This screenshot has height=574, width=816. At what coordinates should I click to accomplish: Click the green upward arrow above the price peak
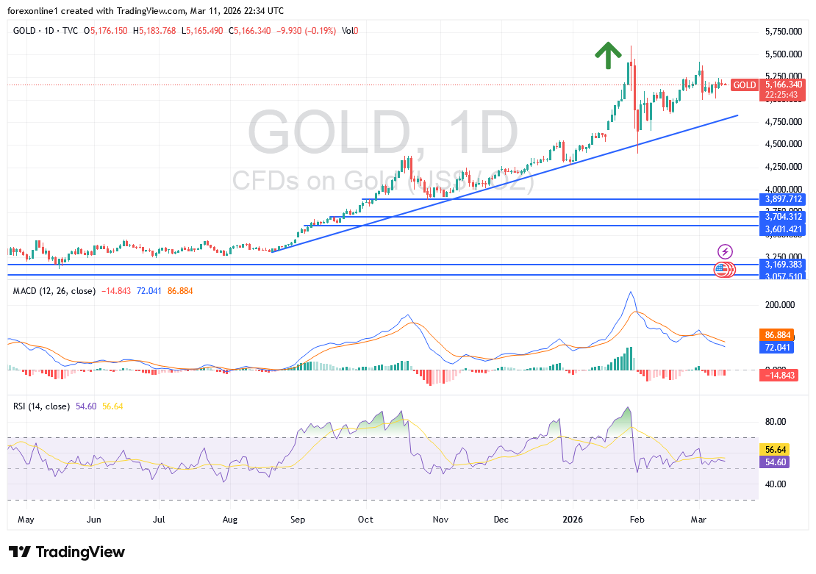click(x=607, y=56)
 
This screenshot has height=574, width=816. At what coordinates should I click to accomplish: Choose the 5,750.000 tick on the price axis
click(x=783, y=32)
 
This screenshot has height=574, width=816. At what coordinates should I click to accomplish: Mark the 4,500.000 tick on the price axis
click(x=783, y=144)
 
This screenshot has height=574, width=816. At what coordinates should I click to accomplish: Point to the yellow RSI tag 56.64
click(x=777, y=449)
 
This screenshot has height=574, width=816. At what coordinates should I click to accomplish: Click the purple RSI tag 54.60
click(x=777, y=462)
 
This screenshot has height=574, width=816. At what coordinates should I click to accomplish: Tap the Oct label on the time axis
click(x=365, y=520)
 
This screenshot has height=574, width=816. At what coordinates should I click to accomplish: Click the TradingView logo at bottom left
click(x=67, y=552)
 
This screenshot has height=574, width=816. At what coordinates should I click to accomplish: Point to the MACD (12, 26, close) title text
click(x=54, y=291)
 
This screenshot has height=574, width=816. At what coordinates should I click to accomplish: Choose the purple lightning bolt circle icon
click(x=725, y=251)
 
